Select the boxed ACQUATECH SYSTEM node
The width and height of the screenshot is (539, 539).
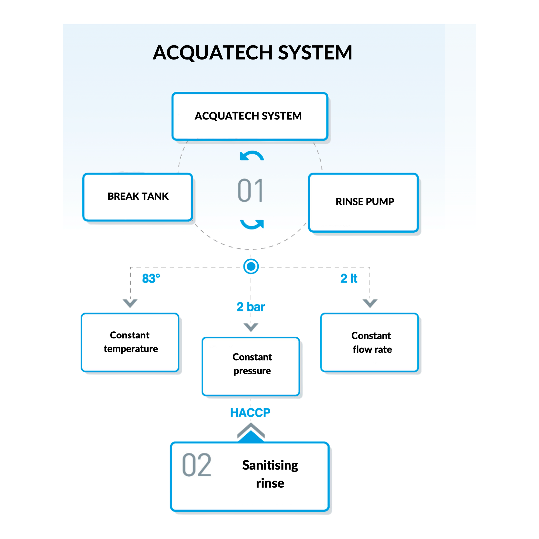point(249,116)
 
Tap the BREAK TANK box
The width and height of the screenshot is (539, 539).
point(138,197)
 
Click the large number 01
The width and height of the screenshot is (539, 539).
point(250,191)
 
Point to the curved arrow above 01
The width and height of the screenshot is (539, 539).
point(252,156)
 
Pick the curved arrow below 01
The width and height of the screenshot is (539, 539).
point(252,224)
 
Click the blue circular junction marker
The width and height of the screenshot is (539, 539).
point(251,266)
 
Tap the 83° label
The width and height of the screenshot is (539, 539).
point(151,278)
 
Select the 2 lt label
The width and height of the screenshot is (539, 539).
point(349,278)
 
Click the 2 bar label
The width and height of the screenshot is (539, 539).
point(251,307)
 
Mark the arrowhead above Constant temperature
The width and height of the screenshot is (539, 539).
point(130,303)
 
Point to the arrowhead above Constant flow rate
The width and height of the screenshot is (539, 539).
point(370,303)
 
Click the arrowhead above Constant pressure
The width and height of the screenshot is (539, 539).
point(251,327)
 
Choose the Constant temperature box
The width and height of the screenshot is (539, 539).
point(130,342)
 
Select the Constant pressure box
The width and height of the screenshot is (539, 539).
point(251,366)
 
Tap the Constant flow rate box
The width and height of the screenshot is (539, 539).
point(369,342)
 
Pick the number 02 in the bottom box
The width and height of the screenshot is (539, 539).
point(196,465)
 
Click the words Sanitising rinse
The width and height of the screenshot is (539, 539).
point(270,474)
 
